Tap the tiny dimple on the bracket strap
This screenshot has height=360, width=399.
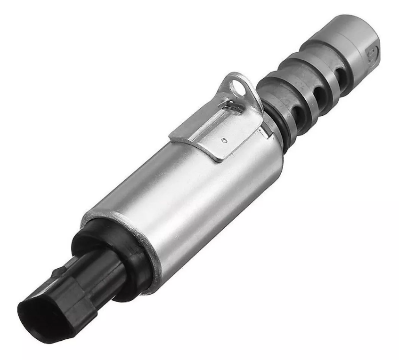(x=223, y=139)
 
